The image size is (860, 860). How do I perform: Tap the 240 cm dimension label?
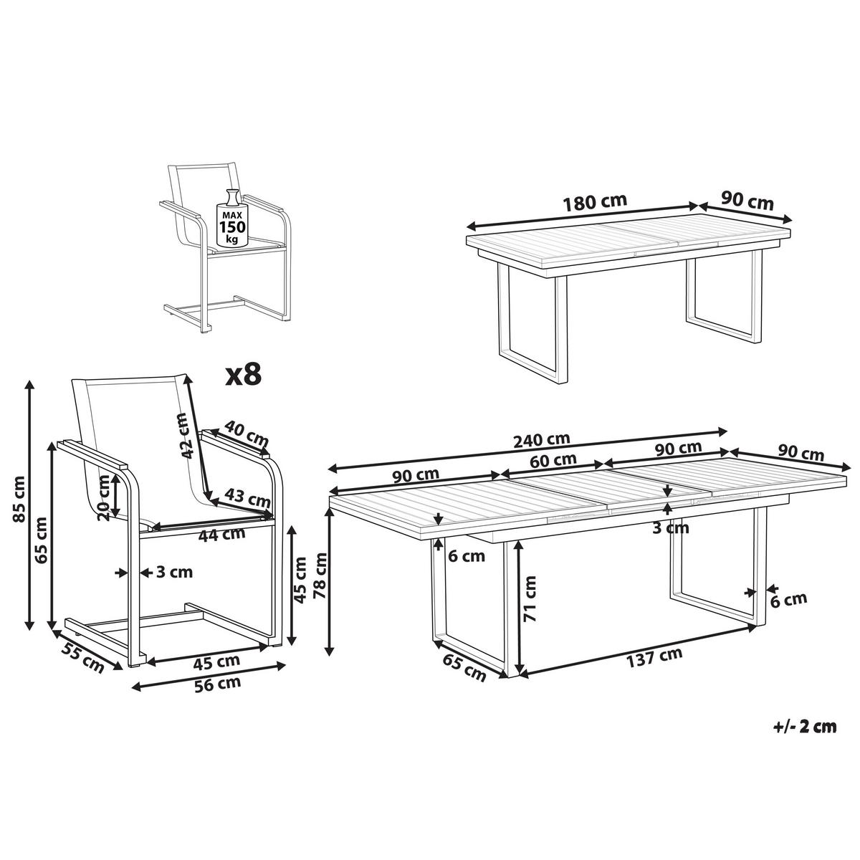click(541, 439)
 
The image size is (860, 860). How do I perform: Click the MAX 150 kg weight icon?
click(231, 218)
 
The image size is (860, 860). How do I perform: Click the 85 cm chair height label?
click(19, 499)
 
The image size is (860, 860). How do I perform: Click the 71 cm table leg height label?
click(530, 599)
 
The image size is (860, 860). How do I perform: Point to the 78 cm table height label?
click(320, 575)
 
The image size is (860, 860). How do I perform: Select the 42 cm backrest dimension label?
click(185, 436)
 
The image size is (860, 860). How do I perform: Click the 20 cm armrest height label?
click(103, 498)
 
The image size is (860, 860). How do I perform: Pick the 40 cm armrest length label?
click(246, 432)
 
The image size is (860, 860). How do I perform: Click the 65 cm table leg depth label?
click(464, 668)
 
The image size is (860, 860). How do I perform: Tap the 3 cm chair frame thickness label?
click(174, 572)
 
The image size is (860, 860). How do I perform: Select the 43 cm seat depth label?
click(247, 497)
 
